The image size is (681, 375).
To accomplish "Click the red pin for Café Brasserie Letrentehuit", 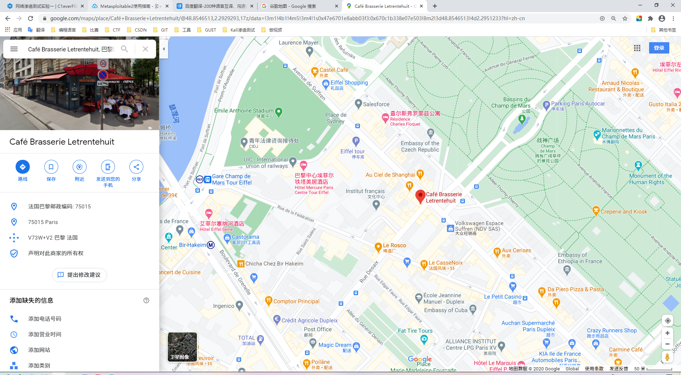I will [x=420, y=196].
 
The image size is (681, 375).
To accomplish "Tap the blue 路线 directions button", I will [x=23, y=167].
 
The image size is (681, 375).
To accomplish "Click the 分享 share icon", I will [x=136, y=167].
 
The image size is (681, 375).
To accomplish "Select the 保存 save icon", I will [x=51, y=167].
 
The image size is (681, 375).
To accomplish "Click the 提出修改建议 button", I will [x=79, y=275].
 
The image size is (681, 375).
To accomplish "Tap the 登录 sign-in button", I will [x=659, y=48].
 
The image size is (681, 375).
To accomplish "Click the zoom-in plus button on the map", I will [x=668, y=333].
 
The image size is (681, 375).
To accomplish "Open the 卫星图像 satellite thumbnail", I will [x=182, y=347].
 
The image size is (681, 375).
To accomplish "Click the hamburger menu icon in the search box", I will [x=14, y=49].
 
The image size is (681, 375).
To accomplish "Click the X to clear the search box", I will [x=145, y=49].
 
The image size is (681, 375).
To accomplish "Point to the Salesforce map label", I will [x=376, y=104].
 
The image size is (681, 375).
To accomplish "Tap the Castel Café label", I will [x=333, y=70].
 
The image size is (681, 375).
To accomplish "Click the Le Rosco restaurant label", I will [x=394, y=245].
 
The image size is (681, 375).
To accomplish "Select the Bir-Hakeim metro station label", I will [x=193, y=245].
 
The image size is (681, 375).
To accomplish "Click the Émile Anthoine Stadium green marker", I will [x=279, y=112].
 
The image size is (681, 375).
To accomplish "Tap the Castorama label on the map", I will [x=245, y=237].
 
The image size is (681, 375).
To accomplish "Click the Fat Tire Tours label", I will [x=415, y=331].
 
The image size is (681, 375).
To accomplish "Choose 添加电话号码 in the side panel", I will [x=45, y=319].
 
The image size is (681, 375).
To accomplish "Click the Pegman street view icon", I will [x=667, y=357].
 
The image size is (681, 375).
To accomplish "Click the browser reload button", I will [x=31, y=18].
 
